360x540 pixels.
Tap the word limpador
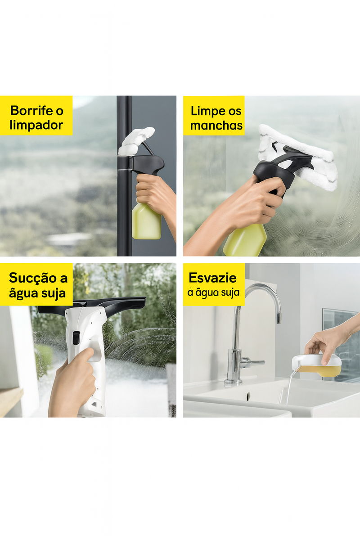(36, 126)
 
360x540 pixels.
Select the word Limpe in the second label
(205, 112)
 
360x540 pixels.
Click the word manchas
(216, 126)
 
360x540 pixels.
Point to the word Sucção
(33, 278)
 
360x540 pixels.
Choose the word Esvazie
(212, 278)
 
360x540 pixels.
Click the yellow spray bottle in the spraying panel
(146, 221)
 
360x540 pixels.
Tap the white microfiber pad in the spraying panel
(136, 140)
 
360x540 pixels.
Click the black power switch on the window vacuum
(76, 337)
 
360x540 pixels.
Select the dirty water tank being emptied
(317, 365)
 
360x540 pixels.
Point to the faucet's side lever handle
(252, 362)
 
